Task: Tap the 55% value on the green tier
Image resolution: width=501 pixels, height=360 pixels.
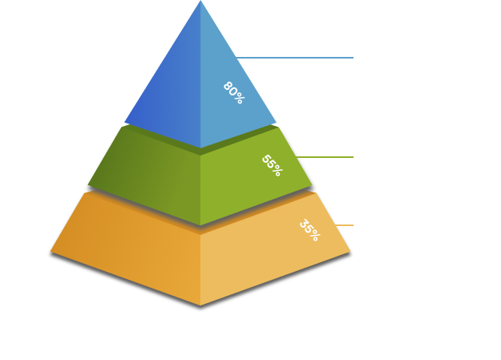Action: click(272, 165)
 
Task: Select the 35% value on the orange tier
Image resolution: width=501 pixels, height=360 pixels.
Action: click(309, 230)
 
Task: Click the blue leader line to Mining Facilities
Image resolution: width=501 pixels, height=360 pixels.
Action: click(297, 58)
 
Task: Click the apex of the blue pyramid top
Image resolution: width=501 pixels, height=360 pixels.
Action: click(200, 3)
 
